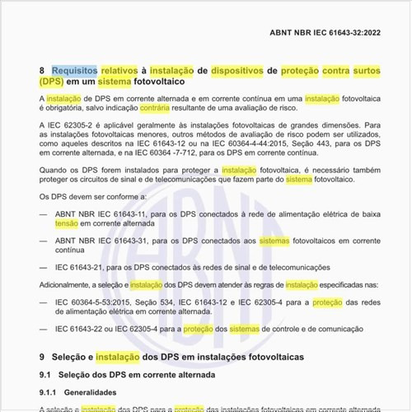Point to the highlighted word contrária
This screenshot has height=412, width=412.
click(x=157, y=109)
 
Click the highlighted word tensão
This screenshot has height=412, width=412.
click(x=67, y=223)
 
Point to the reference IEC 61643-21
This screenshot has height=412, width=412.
click(x=79, y=267)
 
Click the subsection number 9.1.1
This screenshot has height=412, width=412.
click(x=50, y=392)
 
